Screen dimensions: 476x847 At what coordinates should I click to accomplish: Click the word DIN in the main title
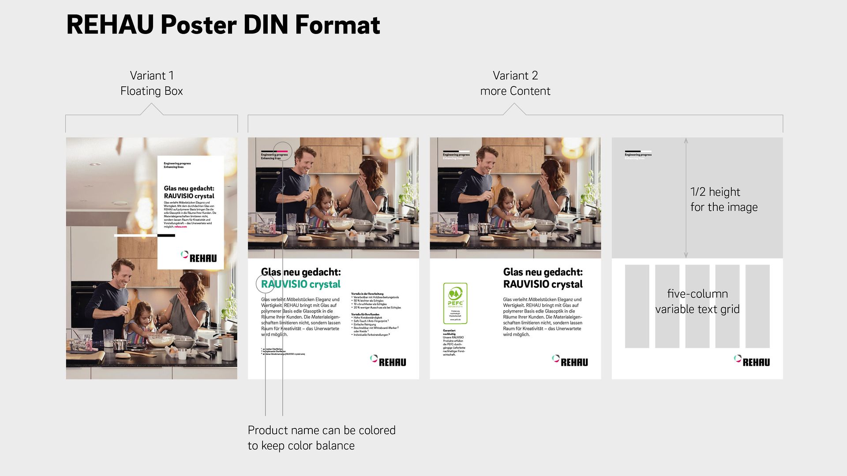(266, 25)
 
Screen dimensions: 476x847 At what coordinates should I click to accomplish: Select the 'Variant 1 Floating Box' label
(151, 83)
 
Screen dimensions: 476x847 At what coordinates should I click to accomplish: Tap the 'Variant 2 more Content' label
(515, 83)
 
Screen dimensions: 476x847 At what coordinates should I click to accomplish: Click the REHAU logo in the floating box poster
(199, 257)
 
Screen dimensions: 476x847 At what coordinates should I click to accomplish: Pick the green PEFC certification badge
(455, 303)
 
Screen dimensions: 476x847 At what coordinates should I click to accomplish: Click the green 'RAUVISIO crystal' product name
(301, 284)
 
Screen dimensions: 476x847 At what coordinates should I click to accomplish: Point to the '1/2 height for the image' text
(723, 199)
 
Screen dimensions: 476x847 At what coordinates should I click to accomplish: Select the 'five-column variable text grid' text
(697, 301)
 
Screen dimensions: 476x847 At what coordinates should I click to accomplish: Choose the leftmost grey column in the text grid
(637, 306)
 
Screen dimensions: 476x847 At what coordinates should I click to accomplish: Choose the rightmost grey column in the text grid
(757, 306)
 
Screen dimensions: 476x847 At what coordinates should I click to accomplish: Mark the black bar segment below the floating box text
(166, 235)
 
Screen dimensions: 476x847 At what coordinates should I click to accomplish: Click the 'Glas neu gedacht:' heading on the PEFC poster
(543, 272)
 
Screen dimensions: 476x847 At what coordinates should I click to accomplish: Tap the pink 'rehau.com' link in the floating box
(181, 227)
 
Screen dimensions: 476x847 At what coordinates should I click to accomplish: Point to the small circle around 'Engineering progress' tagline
(282, 151)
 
